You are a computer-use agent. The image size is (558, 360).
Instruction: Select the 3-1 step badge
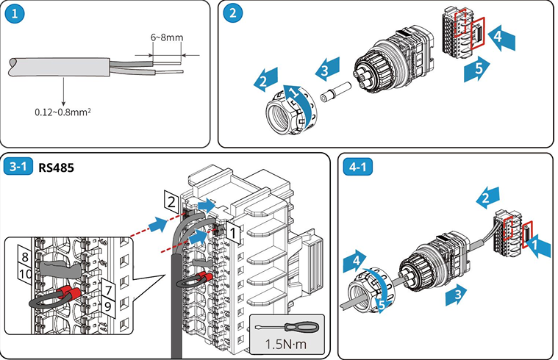click(18, 167)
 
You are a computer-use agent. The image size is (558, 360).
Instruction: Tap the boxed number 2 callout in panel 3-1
click(171, 199)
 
